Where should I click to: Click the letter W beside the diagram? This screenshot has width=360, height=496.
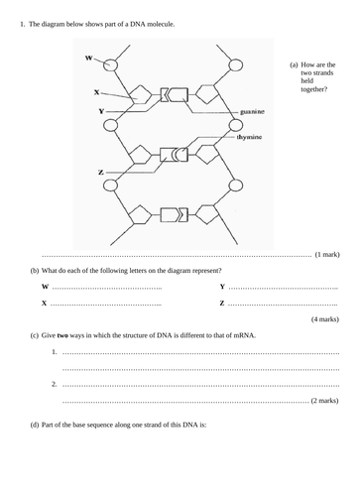pyautogui.click(x=88, y=58)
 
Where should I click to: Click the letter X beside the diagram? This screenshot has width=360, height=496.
pyautogui.click(x=97, y=92)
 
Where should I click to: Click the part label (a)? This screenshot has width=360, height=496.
pyautogui.click(x=294, y=64)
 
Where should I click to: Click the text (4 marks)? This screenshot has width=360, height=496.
pyautogui.click(x=325, y=318)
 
